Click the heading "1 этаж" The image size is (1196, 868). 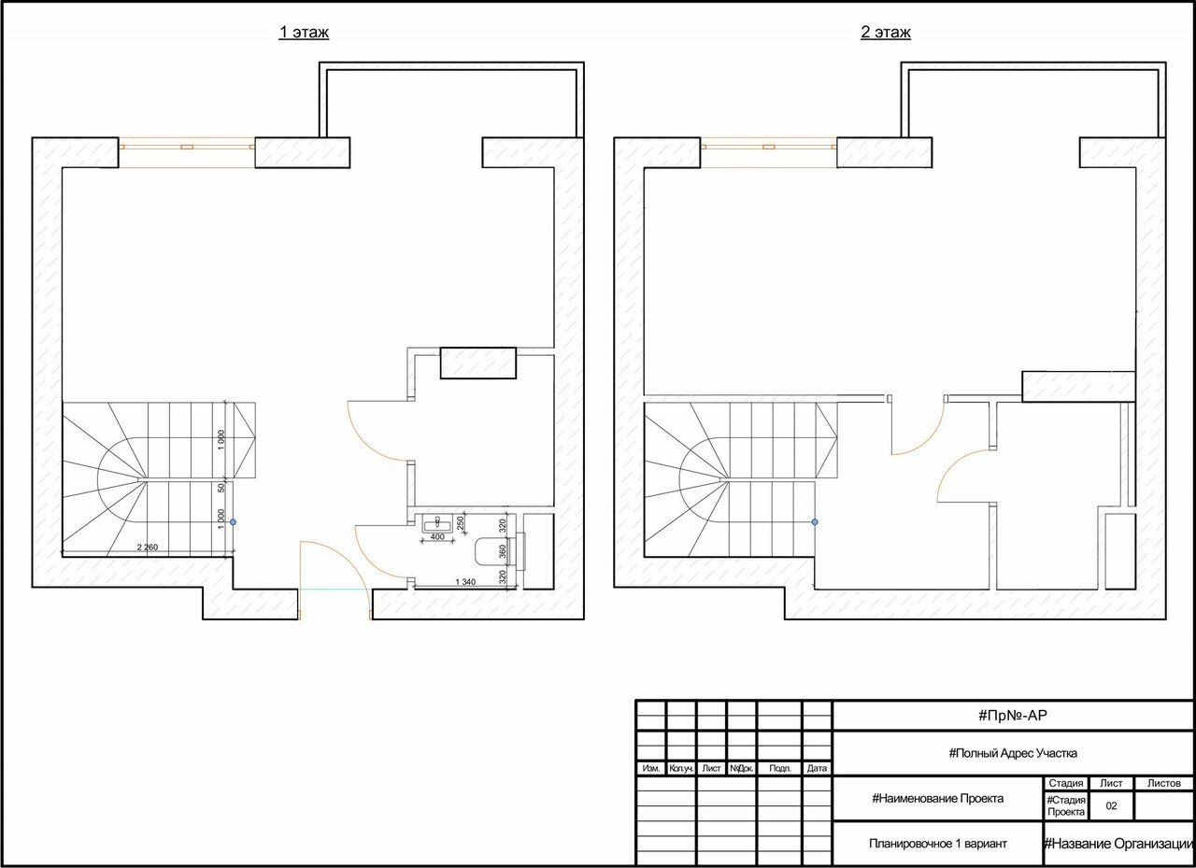coord(304,32)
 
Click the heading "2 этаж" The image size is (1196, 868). coord(885,32)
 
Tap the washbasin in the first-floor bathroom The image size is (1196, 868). coord(437,522)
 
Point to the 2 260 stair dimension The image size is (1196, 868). coord(148,548)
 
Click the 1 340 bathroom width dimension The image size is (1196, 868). coord(465,582)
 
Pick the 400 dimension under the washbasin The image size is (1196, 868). coord(437,537)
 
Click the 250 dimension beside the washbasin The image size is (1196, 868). coord(461,522)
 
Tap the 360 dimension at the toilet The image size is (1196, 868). coord(503,551)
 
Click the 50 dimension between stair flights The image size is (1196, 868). coord(221,488)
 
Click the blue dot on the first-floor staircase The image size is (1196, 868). coord(233,522)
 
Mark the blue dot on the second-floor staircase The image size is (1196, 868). coord(815,522)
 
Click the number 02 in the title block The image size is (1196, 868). coord(1111,806)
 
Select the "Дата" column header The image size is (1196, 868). coord(817,768)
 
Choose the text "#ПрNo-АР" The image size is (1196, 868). coord(1012,716)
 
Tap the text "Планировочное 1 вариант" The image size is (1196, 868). coord(937,844)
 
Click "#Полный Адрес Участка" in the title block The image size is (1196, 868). coord(1012,753)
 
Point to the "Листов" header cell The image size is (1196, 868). coord(1164,783)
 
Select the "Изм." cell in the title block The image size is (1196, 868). coord(651,768)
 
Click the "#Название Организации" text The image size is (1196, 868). coord(1119,844)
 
